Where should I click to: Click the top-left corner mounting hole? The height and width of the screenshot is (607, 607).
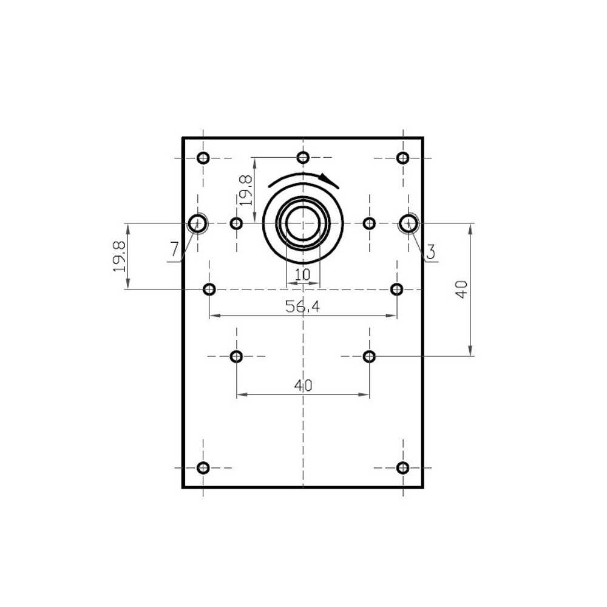pyautogui.click(x=203, y=158)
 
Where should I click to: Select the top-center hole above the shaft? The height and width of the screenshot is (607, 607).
pyautogui.click(x=303, y=158)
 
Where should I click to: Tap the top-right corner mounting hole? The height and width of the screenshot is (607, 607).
pyautogui.click(x=403, y=158)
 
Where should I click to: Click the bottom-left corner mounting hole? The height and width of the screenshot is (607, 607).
pyautogui.click(x=203, y=467)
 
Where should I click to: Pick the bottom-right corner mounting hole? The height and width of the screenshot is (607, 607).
pyautogui.click(x=403, y=467)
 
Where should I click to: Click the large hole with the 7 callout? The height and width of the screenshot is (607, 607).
pyautogui.click(x=197, y=223)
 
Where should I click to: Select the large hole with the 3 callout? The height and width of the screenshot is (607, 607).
pyautogui.click(x=409, y=223)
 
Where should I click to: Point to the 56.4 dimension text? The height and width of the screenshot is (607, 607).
pyautogui.click(x=303, y=307)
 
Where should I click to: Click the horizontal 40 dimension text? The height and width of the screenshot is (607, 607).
pyautogui.click(x=303, y=385)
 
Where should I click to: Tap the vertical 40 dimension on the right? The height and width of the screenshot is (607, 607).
pyautogui.click(x=461, y=290)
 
